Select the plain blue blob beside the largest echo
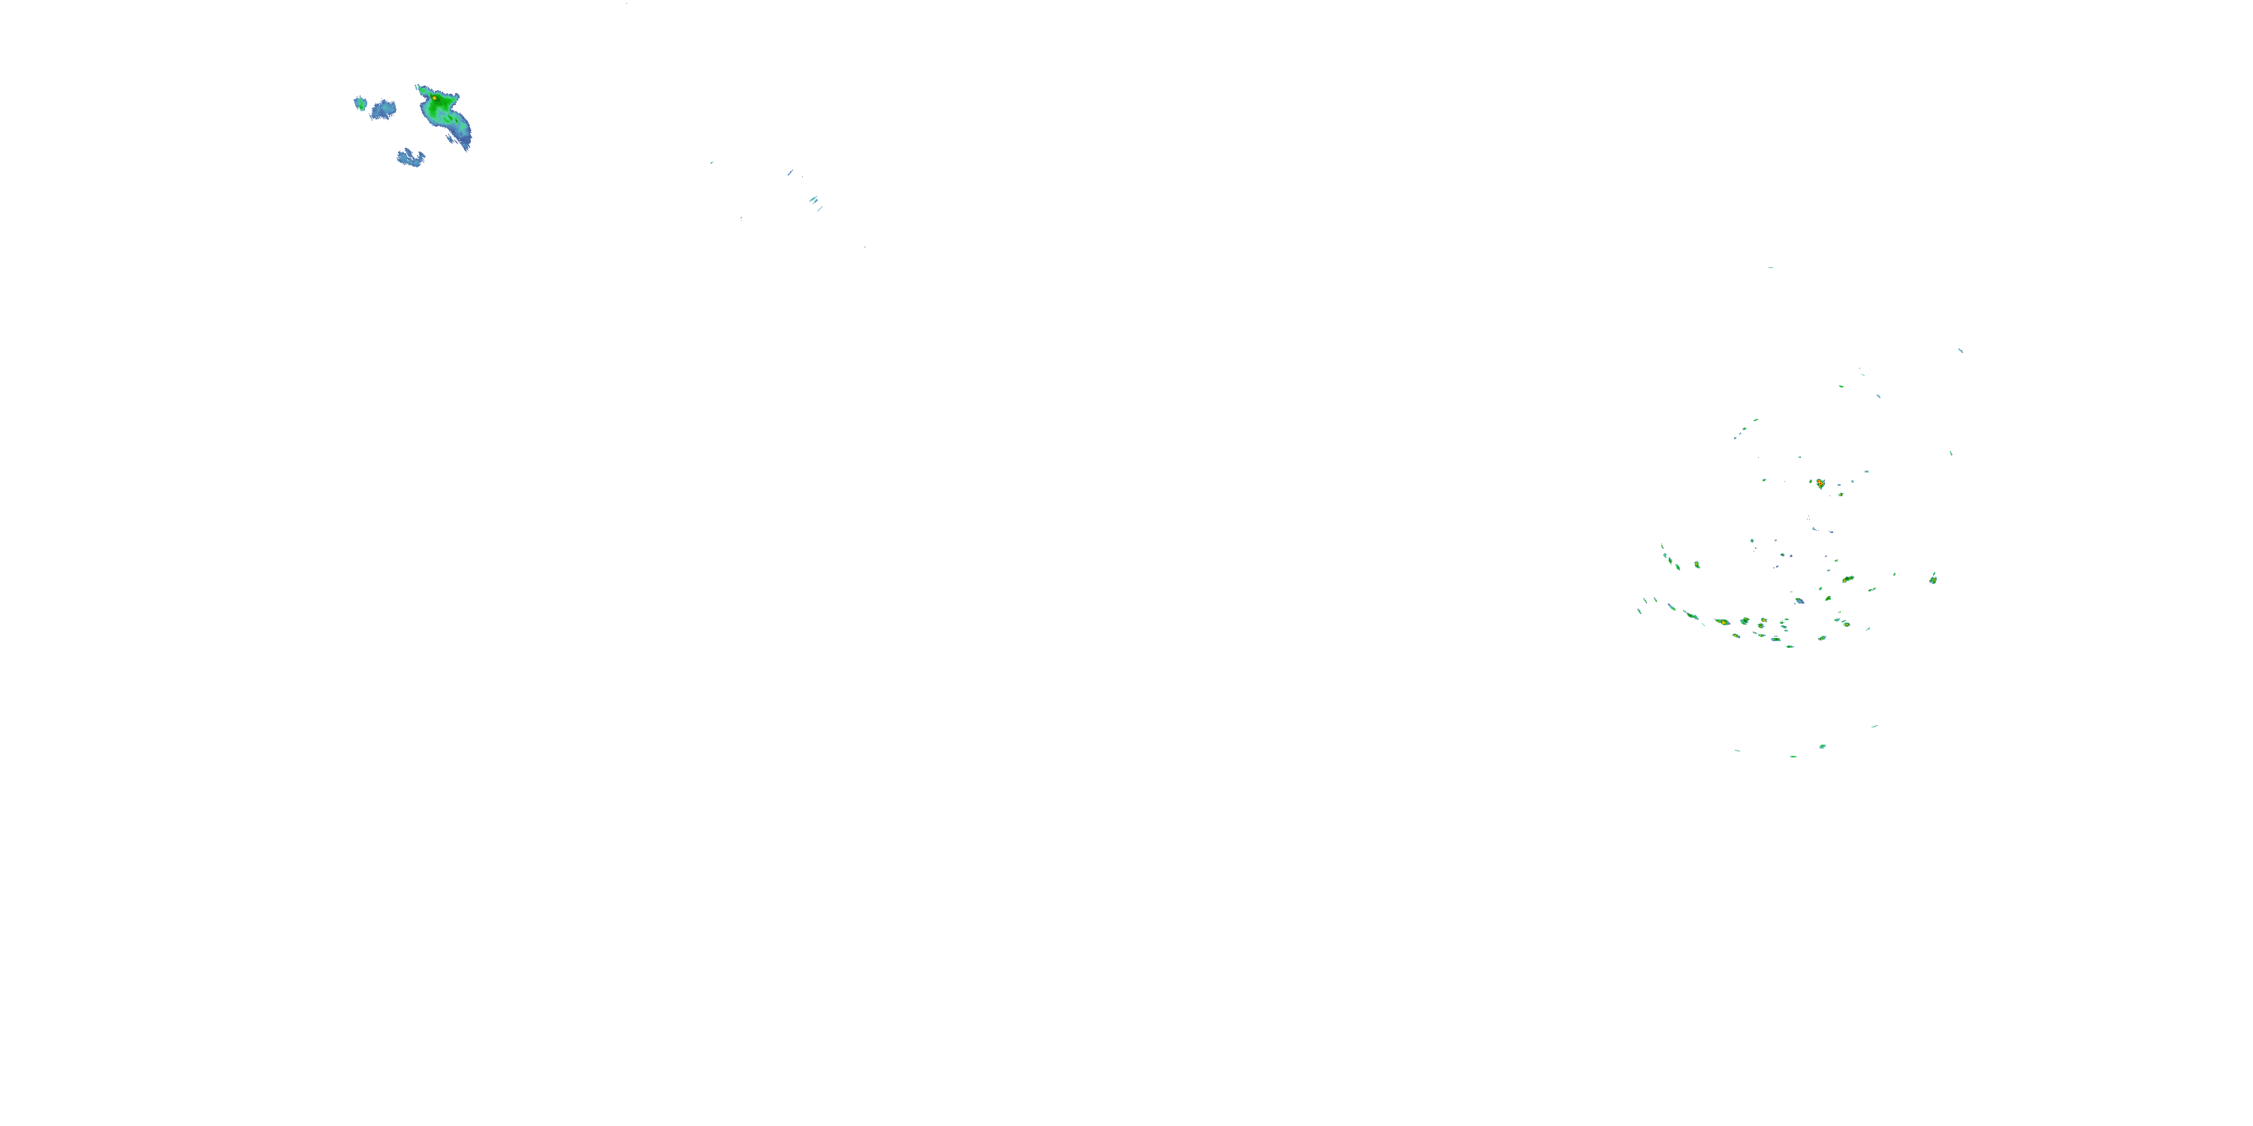coord(383,110)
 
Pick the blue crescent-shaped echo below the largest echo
coord(410,158)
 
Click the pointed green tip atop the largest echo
coord(420,87)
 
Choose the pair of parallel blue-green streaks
coord(814,201)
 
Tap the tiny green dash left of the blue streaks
coord(712,163)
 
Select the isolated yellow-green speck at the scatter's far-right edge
coord(1933,578)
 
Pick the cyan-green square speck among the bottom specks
coord(1823,747)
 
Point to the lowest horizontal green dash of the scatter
coord(1793,756)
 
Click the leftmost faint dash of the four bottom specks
coord(1737,750)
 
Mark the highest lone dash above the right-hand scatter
coord(1771,267)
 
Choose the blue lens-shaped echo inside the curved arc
coord(1799,601)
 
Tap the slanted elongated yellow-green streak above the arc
coord(1848,579)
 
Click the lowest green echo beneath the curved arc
coord(1790,646)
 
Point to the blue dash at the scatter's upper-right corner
coord(1961,351)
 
